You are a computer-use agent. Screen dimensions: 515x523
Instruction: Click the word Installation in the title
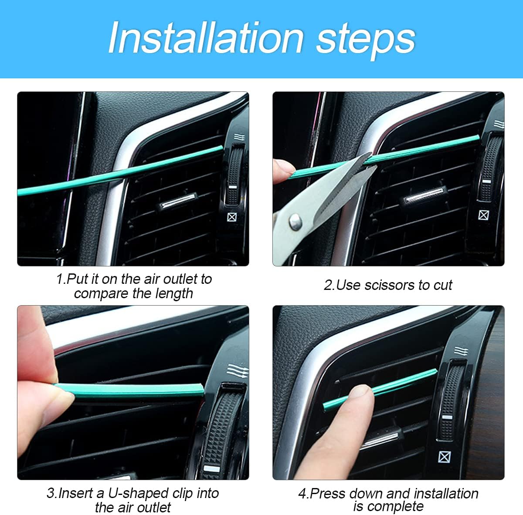(206, 38)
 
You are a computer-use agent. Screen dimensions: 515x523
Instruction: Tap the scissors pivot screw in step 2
(295, 222)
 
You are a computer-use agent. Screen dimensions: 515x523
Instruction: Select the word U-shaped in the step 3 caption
(138, 493)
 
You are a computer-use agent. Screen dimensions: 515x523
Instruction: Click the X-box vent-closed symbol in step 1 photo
(232, 216)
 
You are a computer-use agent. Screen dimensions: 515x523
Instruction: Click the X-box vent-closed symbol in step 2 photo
(483, 215)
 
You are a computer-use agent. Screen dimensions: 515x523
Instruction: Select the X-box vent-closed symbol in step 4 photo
(444, 457)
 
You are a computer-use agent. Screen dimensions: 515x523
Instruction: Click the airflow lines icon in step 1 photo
(239, 138)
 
